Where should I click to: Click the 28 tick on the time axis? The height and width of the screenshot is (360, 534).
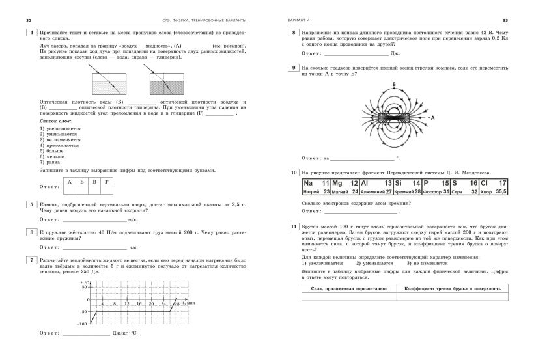[x=176, y=304]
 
